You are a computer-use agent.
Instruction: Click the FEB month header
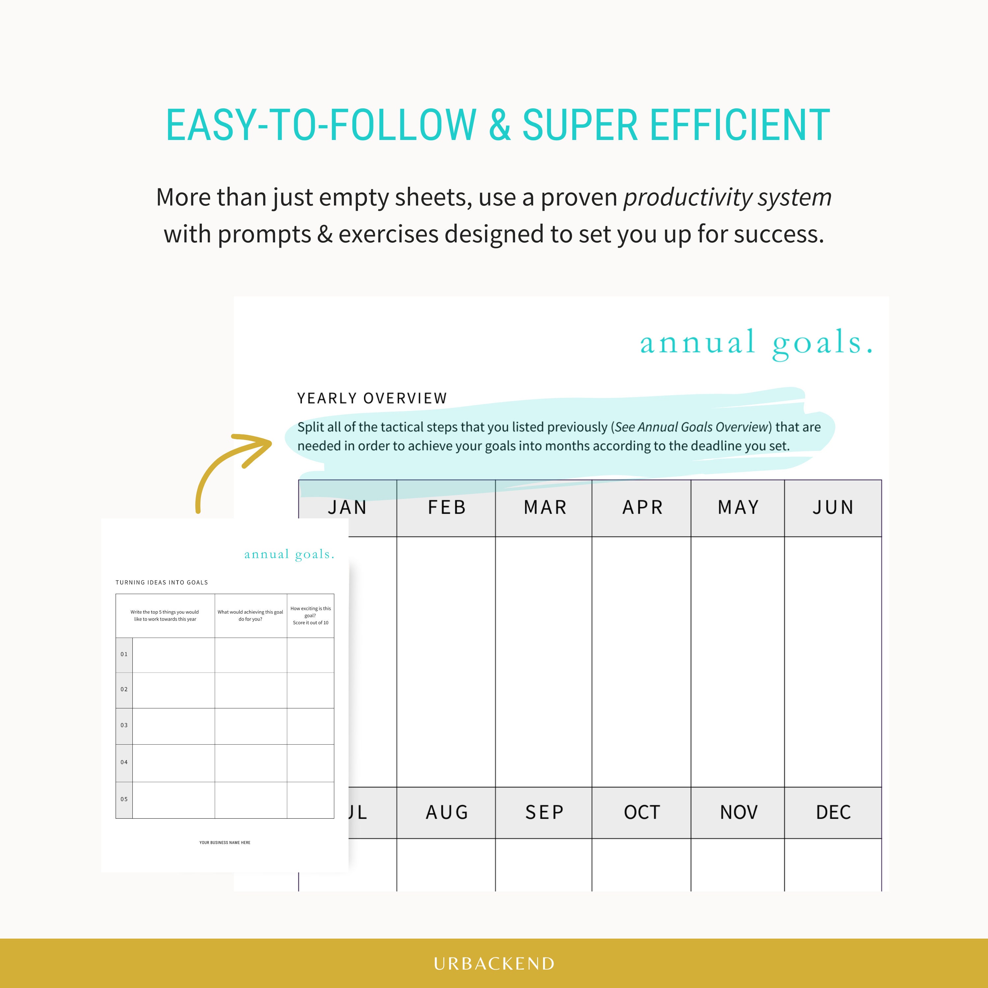[x=447, y=507]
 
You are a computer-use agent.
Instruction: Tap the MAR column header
[x=545, y=507]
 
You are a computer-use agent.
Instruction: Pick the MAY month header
[x=738, y=507]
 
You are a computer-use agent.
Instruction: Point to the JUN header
[x=833, y=507]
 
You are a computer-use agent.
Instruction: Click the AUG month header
[x=447, y=812]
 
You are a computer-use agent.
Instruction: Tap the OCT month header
[x=642, y=812]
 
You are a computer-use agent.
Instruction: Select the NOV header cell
[x=738, y=812]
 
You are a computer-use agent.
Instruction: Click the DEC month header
[x=833, y=812]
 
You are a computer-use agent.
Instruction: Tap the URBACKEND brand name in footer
[x=494, y=963]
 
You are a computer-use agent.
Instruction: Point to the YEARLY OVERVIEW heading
[x=372, y=398]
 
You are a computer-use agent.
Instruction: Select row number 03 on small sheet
[x=124, y=725]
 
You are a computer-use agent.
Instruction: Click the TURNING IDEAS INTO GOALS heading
[x=162, y=583]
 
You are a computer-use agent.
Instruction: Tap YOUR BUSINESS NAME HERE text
[x=225, y=842]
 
